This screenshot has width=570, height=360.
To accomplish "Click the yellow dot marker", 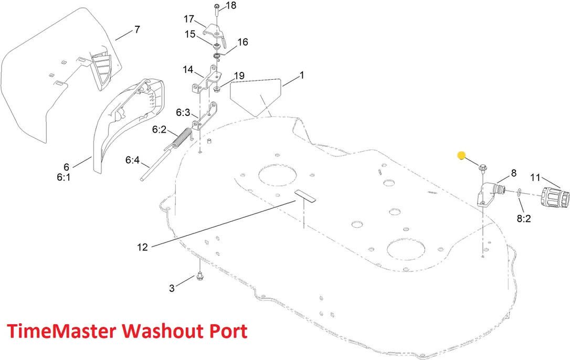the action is pos(461,156).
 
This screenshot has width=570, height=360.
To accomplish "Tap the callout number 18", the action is pos(231,5).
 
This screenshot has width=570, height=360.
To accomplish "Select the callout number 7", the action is pos(137,29).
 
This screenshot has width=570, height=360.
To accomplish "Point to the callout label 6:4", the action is pos(132,160).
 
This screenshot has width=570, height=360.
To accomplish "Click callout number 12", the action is pos(143,247).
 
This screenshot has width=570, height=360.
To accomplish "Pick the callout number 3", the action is pos(172,288).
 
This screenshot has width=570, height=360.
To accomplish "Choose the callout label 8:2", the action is pos(524,218).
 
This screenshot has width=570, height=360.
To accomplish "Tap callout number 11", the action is pos(535,177).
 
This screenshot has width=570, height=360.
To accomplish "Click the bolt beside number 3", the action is pos(199,277).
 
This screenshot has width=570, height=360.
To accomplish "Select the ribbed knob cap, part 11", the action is pos(554,197).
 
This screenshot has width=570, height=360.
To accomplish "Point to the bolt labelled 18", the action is pos(216,9).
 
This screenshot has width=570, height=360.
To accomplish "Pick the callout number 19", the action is pos(239,76).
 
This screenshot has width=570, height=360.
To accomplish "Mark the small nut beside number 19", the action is pos(217,89).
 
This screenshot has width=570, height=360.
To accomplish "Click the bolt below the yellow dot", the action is pos(483,168).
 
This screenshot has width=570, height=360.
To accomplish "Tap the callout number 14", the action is pos(188,69).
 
